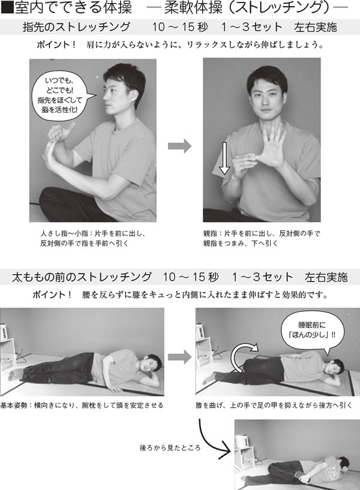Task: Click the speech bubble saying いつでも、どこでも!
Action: tap(62, 96)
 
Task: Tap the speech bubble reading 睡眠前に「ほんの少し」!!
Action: tap(313, 331)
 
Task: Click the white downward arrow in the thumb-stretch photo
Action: tap(224, 158)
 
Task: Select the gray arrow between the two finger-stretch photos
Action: tap(179, 146)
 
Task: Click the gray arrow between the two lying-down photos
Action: tap(179, 357)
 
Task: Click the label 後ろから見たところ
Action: tap(170, 448)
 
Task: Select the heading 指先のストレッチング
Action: tap(76, 27)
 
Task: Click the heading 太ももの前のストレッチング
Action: tap(82, 277)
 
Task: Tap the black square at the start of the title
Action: tap(7, 8)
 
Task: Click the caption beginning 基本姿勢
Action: tap(82, 405)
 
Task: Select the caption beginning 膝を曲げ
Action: tap(274, 405)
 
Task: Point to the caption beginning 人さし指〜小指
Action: tap(93, 238)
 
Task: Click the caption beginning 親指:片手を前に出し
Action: tap(262, 238)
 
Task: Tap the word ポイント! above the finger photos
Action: tap(56, 44)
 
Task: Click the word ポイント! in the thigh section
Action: tap(53, 294)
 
